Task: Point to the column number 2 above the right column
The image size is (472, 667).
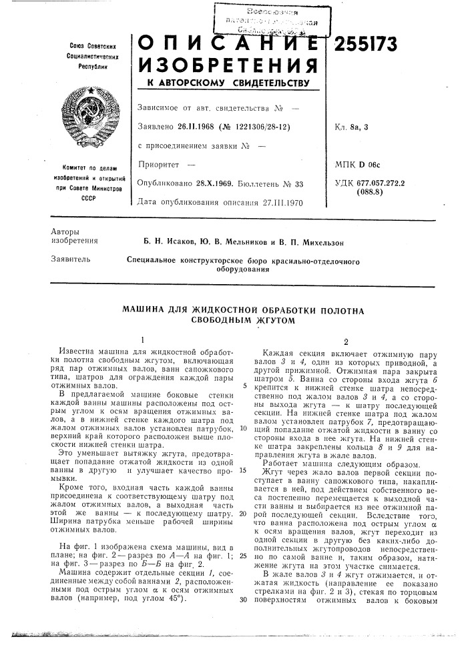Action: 346,340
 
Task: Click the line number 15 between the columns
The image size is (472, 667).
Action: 242,470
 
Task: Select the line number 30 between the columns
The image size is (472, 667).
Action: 242,598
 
